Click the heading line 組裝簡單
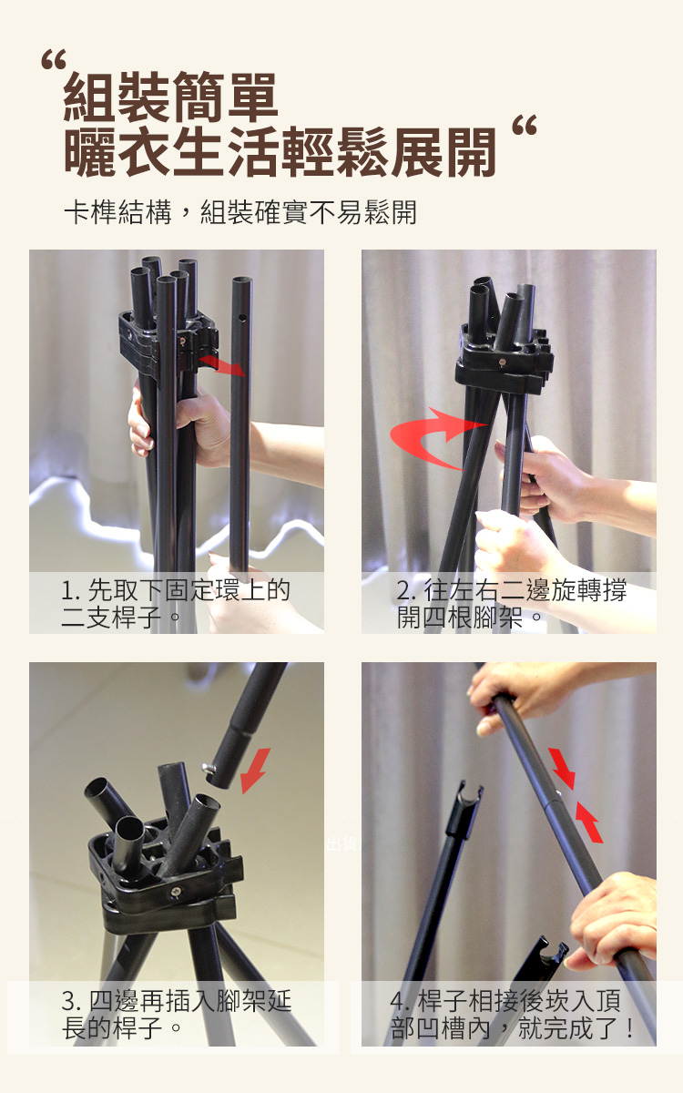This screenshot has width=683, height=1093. [x=171, y=97]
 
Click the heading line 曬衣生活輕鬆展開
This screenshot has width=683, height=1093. [x=280, y=152]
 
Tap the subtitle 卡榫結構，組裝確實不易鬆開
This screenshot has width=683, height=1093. [x=240, y=212]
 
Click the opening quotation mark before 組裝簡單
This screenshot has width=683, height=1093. [x=53, y=58]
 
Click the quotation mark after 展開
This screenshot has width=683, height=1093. [x=525, y=125]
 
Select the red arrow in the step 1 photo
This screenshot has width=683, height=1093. [x=222, y=364]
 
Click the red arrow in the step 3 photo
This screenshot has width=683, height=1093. [x=256, y=771]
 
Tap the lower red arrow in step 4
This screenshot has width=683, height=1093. [x=589, y=822]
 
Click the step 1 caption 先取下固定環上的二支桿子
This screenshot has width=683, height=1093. [x=176, y=604]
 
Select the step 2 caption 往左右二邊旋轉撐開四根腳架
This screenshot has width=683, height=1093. [x=512, y=604]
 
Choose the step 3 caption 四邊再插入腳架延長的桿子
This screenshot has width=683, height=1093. [x=177, y=1015]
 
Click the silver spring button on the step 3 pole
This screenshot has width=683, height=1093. [x=209, y=769]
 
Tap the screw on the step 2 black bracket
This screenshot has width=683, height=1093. [x=502, y=363]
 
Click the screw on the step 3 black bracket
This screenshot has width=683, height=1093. [x=175, y=893]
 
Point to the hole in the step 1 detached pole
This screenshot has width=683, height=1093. [x=242, y=318]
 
